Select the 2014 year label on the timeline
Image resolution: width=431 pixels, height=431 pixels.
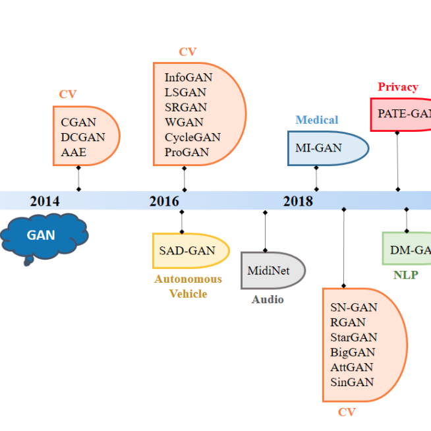click(x=44, y=201)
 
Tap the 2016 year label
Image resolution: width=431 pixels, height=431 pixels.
click(x=164, y=201)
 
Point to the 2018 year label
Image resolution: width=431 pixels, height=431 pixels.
click(x=298, y=201)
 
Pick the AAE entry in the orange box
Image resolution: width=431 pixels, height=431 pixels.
click(x=73, y=152)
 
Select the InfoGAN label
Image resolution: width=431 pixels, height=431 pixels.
click(x=188, y=77)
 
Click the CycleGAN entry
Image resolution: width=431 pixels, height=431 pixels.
click(x=192, y=137)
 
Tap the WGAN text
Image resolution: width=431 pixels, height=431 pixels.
click(x=184, y=122)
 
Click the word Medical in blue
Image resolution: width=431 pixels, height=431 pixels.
click(x=316, y=120)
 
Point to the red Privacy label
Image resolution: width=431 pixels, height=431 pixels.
click(x=397, y=87)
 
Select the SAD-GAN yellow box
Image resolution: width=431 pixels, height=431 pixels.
click(x=188, y=250)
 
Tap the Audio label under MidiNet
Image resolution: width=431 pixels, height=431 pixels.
click(x=268, y=300)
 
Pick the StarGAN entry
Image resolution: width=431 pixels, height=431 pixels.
click(x=354, y=337)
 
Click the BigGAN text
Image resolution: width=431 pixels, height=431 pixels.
click(x=353, y=353)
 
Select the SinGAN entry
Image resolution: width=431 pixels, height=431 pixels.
click(x=352, y=382)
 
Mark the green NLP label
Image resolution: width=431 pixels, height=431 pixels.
click(x=405, y=275)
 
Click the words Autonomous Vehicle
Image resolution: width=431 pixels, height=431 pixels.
click(x=188, y=286)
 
